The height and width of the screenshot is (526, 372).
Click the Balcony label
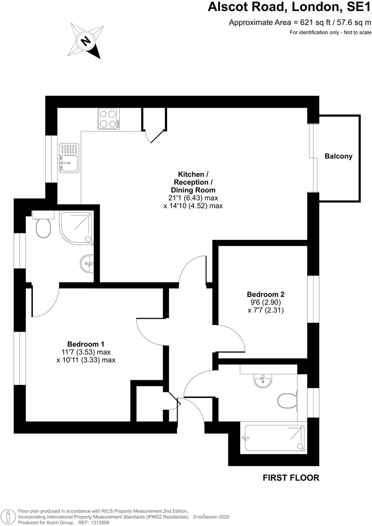click(338, 156)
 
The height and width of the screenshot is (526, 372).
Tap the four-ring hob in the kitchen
click(108, 119)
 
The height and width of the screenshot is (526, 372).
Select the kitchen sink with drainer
click(69, 158)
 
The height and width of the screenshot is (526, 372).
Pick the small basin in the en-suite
click(87, 264)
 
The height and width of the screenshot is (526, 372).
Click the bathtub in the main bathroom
click(274, 438)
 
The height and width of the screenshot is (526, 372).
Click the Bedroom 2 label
click(265, 294)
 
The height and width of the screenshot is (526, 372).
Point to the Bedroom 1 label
click(86, 344)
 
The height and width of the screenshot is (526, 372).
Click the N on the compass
click(85, 41)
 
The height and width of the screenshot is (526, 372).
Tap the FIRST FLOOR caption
click(291, 478)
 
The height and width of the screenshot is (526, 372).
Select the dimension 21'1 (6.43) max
click(193, 198)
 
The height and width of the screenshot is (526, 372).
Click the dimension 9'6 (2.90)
click(266, 302)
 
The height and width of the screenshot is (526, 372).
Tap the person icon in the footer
click(8, 517)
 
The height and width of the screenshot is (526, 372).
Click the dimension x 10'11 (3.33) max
click(86, 360)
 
